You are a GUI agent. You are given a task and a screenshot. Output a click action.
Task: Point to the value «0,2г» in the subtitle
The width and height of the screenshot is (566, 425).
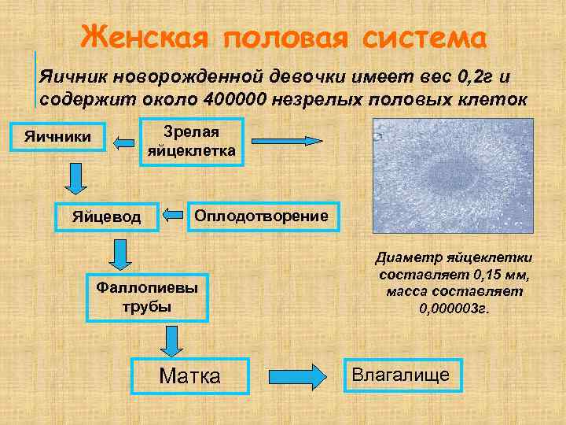[474, 78]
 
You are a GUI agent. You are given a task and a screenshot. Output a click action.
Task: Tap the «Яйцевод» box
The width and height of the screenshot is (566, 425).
[106, 216]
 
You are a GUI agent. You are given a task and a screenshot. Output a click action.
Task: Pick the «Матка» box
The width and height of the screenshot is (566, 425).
[189, 375]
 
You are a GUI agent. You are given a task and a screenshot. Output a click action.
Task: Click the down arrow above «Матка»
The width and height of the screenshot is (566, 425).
[170, 341]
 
